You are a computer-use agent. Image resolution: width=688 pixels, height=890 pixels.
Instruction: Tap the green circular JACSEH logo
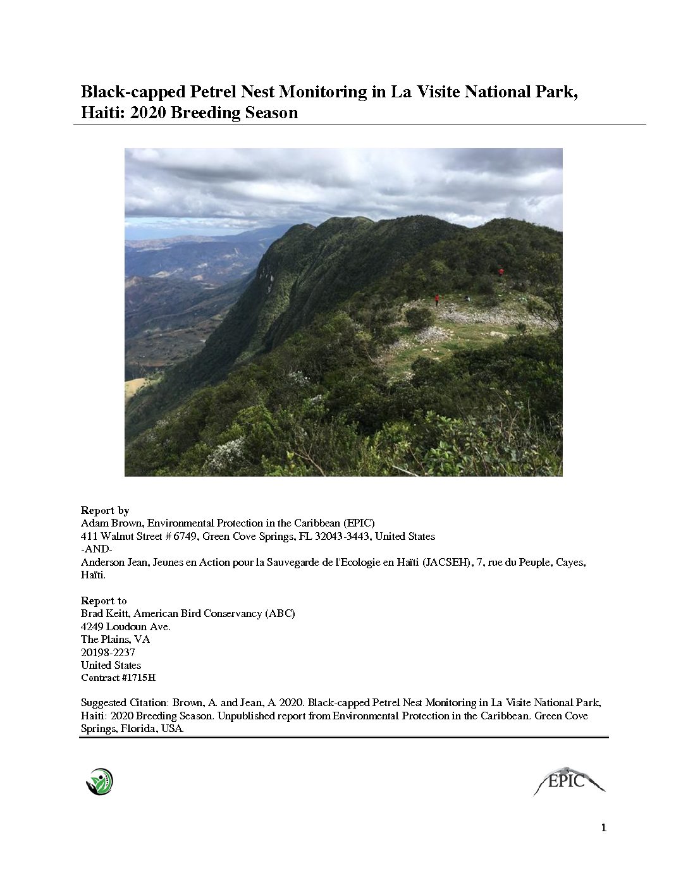[x=99, y=781]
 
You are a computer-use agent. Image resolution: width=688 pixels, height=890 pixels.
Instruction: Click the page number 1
[x=603, y=828]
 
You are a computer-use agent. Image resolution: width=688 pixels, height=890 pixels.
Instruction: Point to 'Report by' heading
[x=105, y=510]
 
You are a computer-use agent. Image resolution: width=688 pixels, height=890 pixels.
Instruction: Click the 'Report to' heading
[x=104, y=600]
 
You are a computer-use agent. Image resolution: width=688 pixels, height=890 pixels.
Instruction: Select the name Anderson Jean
[x=109, y=562]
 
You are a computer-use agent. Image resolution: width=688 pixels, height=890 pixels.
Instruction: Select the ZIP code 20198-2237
[x=107, y=652]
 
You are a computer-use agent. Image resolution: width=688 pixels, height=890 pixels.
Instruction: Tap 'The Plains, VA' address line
[x=115, y=639]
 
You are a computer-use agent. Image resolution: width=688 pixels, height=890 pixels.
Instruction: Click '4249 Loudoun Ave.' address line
[x=126, y=626]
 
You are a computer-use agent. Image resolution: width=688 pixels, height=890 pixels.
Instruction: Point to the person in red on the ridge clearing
[x=436, y=299]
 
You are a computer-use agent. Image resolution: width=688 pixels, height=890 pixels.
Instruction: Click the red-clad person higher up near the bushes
[x=501, y=271]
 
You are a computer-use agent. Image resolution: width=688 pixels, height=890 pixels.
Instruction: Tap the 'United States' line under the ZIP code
[x=111, y=665]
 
